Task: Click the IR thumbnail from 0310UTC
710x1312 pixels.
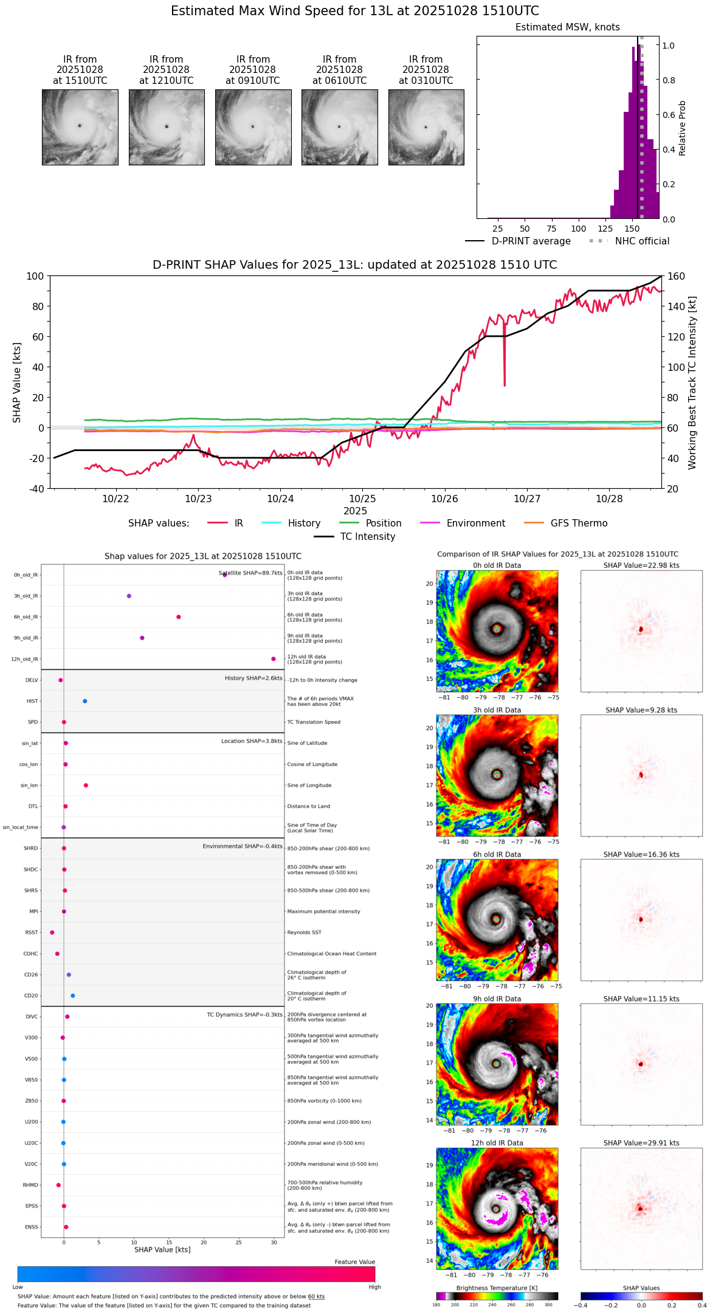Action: click(x=426, y=127)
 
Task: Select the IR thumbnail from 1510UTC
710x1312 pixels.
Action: click(x=80, y=127)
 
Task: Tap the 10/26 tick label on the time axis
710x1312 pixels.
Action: click(x=444, y=499)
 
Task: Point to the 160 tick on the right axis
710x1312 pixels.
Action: click(x=677, y=277)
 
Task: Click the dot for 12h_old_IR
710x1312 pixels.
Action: click(x=274, y=659)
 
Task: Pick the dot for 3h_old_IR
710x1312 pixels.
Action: click(x=129, y=596)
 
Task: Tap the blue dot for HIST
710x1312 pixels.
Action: click(x=85, y=702)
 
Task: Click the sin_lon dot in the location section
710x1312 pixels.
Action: click(x=86, y=785)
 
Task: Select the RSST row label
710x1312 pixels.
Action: click(x=32, y=933)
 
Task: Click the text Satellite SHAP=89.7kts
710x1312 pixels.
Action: click(x=250, y=573)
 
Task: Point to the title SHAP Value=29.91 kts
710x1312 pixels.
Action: click(x=641, y=1143)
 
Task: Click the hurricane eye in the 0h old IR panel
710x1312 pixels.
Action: click(x=497, y=629)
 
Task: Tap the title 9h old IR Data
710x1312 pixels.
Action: click(x=497, y=999)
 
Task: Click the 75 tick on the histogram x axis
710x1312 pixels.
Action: click(x=551, y=229)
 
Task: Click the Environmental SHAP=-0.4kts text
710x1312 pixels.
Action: click(x=243, y=846)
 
